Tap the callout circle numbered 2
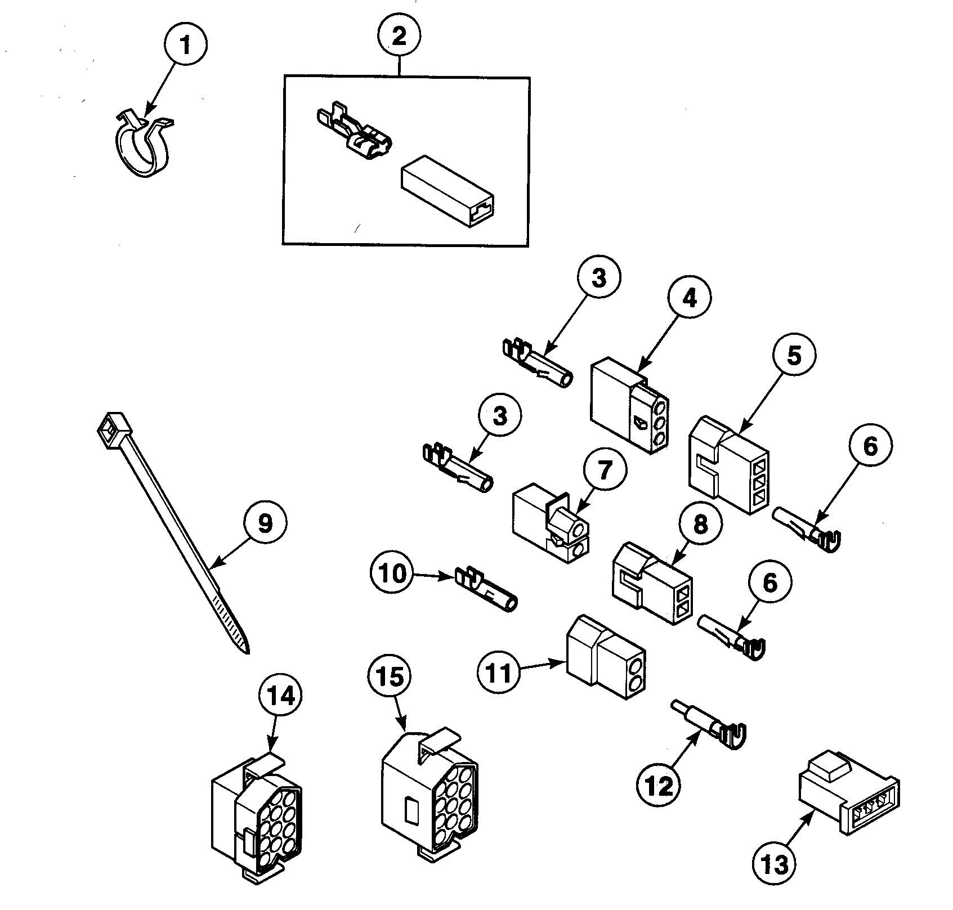point(399,37)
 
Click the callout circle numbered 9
point(265,523)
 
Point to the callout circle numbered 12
point(659,785)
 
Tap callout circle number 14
point(280,697)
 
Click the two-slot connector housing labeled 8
point(652,582)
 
